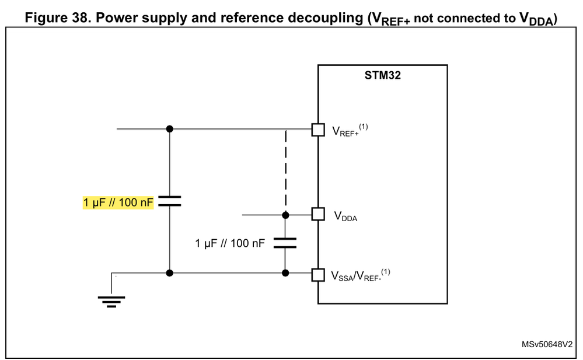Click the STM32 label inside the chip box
(383, 76)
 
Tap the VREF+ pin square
(317, 130)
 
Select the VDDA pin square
(317, 215)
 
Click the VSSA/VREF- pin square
(317, 274)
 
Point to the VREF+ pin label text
(348, 131)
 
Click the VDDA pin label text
(345, 216)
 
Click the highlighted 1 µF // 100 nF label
(118, 202)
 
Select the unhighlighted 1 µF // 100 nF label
(231, 243)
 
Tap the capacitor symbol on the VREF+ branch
(169, 201)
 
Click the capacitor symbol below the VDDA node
(285, 243)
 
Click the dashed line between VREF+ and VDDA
(285, 169)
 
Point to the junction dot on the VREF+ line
(169, 128)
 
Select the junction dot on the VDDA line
(285, 215)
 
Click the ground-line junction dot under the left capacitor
(169, 272)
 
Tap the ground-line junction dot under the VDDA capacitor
(285, 272)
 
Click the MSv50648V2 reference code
(547, 345)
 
